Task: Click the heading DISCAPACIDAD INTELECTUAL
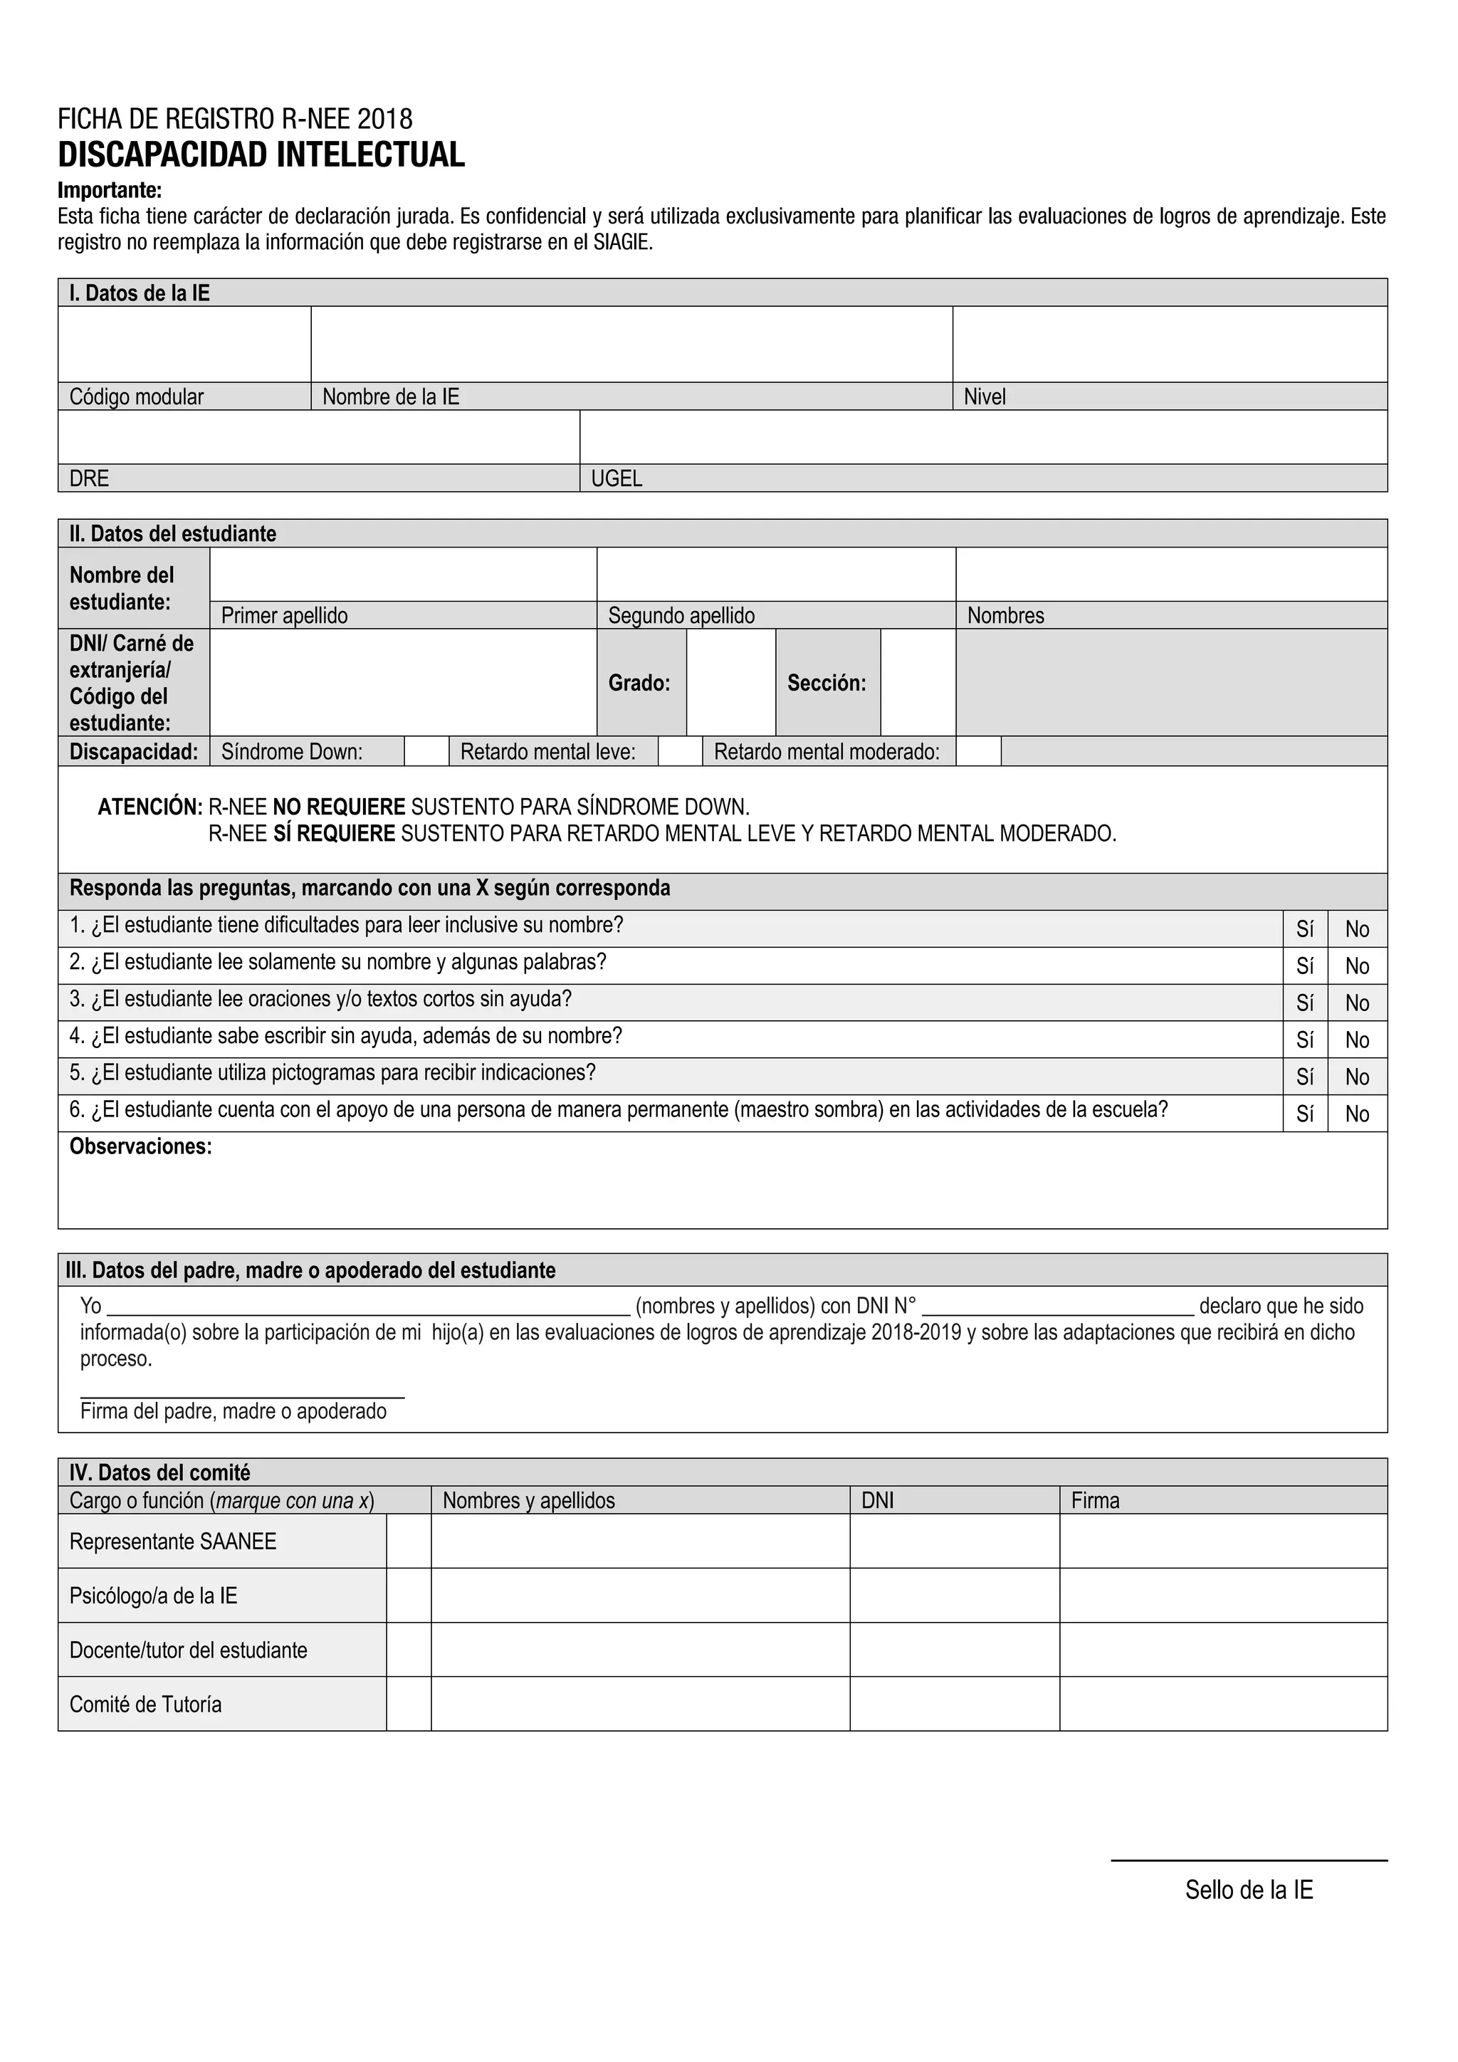click(261, 155)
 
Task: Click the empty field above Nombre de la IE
click(631, 345)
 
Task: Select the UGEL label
click(617, 478)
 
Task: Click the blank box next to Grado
click(731, 683)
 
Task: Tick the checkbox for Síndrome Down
click(426, 752)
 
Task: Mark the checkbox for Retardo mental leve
click(681, 752)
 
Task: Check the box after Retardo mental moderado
click(979, 752)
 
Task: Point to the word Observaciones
click(141, 1147)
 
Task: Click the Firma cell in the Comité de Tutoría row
click(1223, 1704)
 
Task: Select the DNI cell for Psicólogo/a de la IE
click(955, 1595)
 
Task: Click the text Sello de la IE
click(1249, 1890)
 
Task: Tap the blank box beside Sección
click(918, 683)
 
